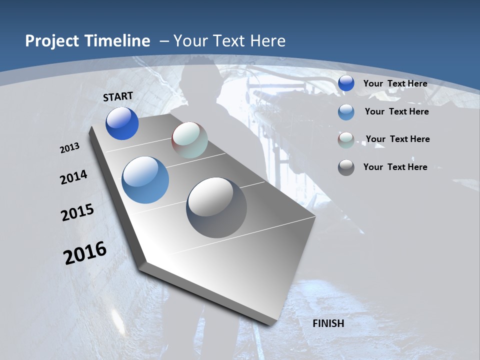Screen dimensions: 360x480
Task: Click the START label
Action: coord(118,96)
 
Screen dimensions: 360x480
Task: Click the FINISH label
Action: coord(328,323)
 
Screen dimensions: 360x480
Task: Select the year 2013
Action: coord(69,148)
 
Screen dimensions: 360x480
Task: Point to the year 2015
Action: coord(77,212)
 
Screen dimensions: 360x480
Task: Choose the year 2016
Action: coord(85,253)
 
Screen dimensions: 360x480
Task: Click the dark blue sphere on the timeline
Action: coord(122,123)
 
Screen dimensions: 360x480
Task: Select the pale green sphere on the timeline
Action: coord(189,140)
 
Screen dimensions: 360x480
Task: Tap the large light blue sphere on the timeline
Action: coord(145,180)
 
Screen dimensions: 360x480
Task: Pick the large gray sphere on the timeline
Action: coord(216,207)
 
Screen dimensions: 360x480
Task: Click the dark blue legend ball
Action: coord(346,83)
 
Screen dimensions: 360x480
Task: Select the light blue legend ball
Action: coord(346,112)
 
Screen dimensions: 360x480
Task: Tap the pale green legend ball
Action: coord(346,140)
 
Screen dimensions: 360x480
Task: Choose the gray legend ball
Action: coord(346,167)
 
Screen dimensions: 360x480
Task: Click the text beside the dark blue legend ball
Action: coord(395,83)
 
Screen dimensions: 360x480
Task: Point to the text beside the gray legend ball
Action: coord(395,167)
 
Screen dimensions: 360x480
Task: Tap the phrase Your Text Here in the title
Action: coord(229,41)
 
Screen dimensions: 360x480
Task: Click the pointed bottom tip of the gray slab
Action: coord(272,322)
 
